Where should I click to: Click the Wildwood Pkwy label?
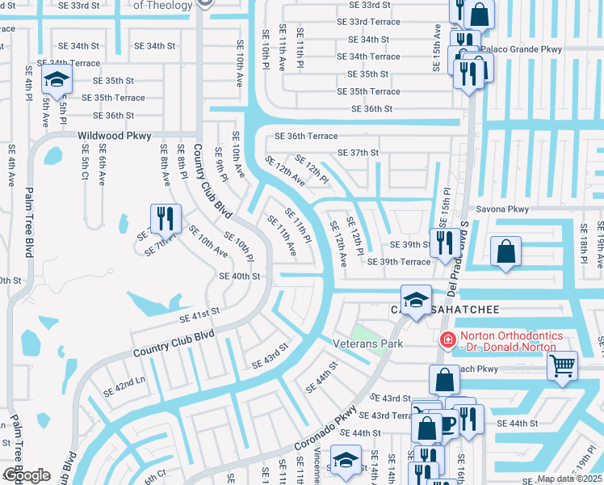click(111, 137)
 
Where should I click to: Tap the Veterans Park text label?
click(368, 344)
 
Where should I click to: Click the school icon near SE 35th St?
click(57, 79)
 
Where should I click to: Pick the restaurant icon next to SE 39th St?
click(444, 242)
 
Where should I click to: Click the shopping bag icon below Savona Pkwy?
click(505, 251)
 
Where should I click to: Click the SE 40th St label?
click(240, 276)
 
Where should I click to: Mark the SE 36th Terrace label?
click(305, 137)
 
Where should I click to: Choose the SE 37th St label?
click(359, 153)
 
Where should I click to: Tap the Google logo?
click(26, 475)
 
